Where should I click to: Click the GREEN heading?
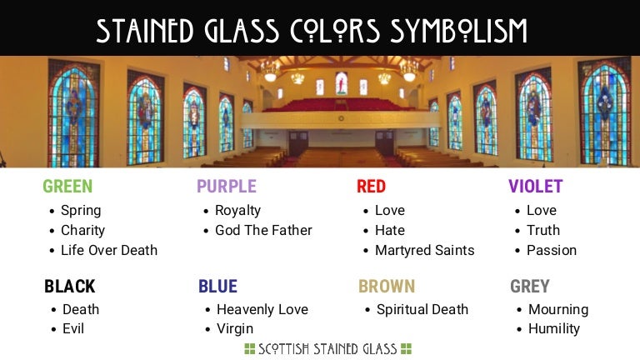point(67,187)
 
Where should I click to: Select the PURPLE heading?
point(227,187)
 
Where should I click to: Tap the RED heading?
point(371,187)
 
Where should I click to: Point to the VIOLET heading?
point(536,187)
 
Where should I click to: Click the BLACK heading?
point(70,287)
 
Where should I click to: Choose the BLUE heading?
point(217,287)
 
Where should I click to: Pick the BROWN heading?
point(387,287)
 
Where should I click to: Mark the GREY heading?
point(530,287)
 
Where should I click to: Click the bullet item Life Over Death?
point(109,250)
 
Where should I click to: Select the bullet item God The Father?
point(263,230)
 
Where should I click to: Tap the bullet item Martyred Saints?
point(424,250)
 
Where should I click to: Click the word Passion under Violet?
point(552,250)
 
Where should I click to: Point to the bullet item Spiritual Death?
point(422,309)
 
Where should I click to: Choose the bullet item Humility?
point(553,328)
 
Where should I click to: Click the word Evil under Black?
point(73,328)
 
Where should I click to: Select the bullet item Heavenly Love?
point(262,309)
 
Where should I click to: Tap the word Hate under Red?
point(390,230)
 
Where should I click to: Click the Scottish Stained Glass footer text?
point(327,349)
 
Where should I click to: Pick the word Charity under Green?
point(82,230)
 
